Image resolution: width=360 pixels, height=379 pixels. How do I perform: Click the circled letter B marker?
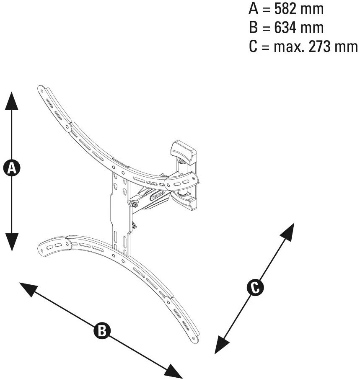(x=102, y=330)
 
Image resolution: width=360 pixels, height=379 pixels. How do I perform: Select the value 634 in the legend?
(x=285, y=28)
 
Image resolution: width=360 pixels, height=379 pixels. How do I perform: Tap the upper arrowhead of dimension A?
(x=12, y=101)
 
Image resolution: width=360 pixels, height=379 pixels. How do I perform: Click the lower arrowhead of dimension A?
(x=12, y=242)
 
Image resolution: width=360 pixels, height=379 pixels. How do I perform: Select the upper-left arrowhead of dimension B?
(x=28, y=289)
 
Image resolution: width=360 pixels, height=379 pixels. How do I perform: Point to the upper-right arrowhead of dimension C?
(x=287, y=232)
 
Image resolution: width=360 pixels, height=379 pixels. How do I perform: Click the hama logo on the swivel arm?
(x=158, y=194)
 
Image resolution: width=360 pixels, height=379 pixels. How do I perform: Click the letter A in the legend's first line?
(x=254, y=9)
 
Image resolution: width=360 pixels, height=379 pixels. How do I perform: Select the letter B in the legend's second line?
(x=253, y=28)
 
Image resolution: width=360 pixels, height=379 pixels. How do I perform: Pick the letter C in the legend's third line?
(x=253, y=46)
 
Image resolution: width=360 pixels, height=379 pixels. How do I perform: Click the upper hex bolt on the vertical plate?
(x=135, y=205)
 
